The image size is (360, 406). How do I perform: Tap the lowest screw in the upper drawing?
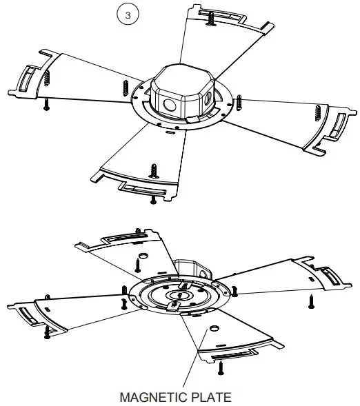152,199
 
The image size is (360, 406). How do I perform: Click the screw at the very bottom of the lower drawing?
221,369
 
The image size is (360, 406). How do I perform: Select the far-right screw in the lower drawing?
310,301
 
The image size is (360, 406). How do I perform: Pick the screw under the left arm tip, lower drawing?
47,333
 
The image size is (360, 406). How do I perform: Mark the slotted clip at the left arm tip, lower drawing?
28,316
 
